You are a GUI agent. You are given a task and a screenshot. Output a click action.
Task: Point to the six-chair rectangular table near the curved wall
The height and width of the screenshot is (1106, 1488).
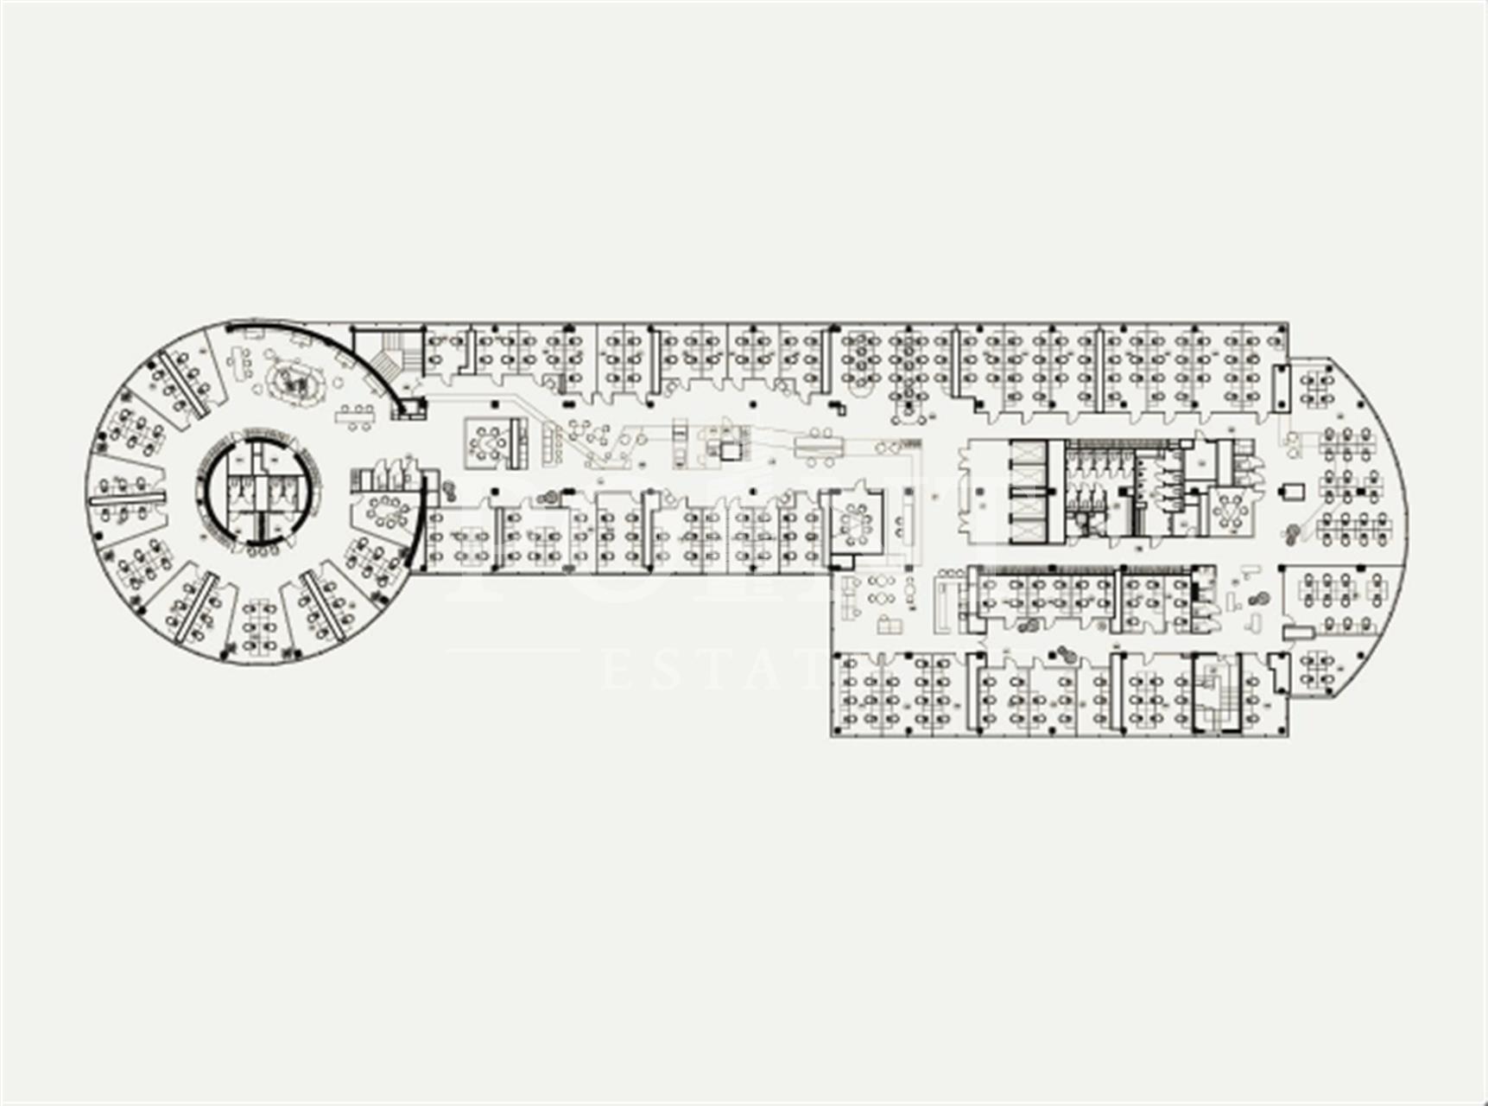click(357, 416)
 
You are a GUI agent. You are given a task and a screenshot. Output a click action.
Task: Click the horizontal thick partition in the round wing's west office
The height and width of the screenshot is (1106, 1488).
click(127, 500)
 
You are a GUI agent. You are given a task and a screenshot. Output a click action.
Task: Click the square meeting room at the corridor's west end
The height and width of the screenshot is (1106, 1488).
click(489, 441)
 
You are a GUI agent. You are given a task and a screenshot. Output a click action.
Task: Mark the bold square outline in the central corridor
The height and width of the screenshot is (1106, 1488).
click(731, 450)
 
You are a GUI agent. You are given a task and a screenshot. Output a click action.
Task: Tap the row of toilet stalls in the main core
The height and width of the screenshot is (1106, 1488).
click(1095, 464)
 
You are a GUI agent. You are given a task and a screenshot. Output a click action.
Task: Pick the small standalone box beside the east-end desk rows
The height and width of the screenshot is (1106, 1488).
click(1292, 492)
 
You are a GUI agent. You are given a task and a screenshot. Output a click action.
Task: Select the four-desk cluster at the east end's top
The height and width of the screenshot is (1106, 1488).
click(1316, 387)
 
